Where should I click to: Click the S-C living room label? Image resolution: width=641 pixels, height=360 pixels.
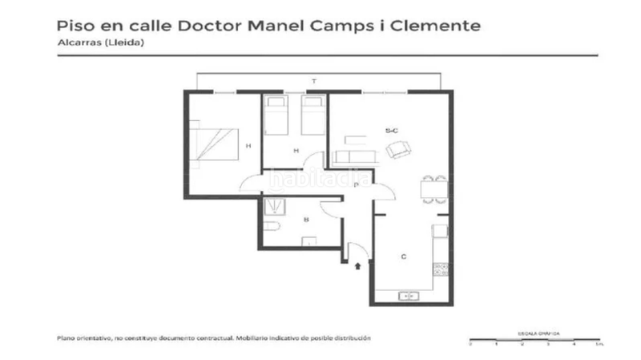(x=392, y=130)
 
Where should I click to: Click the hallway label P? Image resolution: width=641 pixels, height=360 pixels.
(x=355, y=184)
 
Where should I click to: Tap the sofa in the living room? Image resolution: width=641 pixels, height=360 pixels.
(x=354, y=155)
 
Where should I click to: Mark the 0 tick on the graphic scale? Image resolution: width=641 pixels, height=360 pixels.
(x=470, y=343)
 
